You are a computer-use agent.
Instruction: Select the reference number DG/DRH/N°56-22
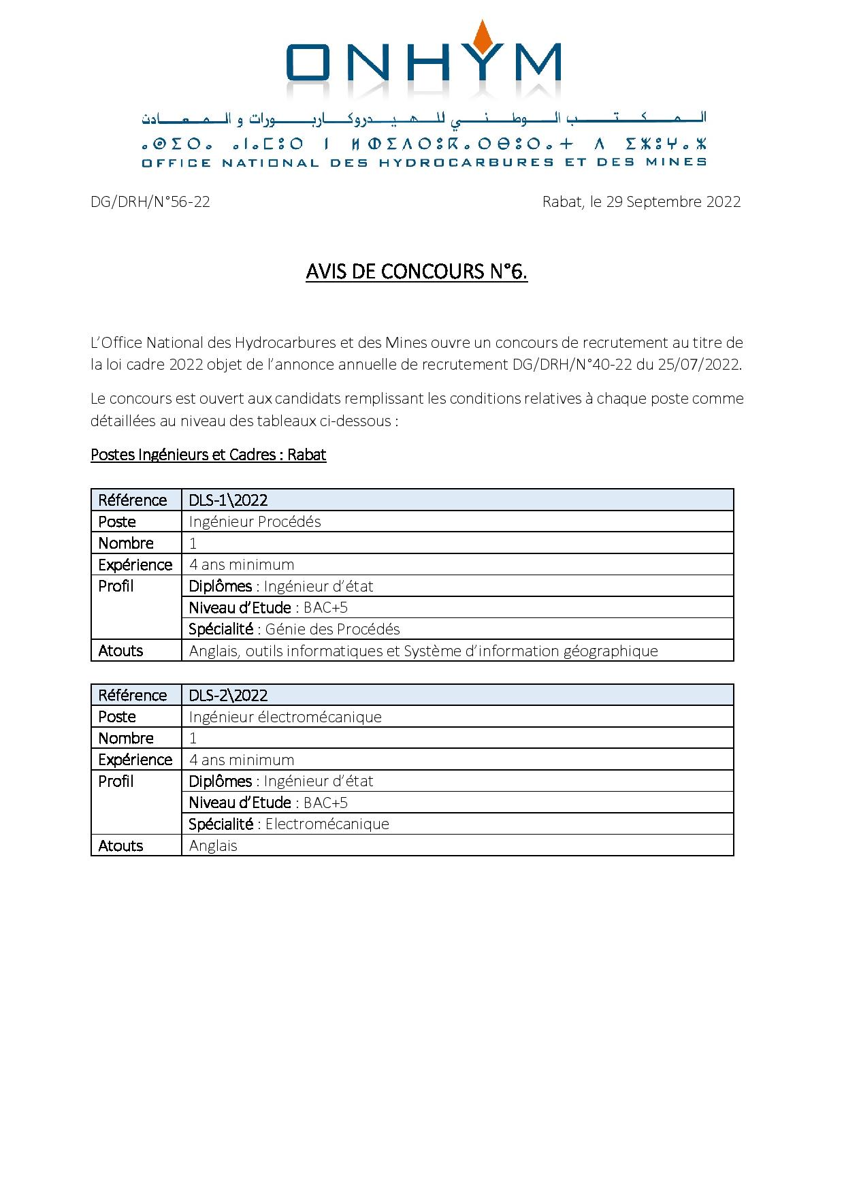click(150, 202)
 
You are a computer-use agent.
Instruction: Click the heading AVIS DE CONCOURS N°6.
click(417, 272)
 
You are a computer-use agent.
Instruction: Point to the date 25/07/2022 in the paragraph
click(698, 364)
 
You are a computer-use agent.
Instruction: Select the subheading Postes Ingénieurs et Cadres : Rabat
click(208, 455)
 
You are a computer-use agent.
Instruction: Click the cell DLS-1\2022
click(229, 500)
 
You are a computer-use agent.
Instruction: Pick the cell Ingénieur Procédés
click(255, 522)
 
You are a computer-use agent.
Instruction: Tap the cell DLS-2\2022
click(229, 695)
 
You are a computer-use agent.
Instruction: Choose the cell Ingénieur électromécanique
click(285, 717)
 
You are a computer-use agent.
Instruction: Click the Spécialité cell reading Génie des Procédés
click(295, 629)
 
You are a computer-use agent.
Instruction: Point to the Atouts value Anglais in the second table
click(213, 845)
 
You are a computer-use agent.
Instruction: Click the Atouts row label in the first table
click(120, 651)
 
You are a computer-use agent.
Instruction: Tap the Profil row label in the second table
click(116, 781)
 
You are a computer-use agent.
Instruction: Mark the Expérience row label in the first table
click(135, 565)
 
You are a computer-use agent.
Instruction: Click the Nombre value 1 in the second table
click(193, 739)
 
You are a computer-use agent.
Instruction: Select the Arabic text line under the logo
click(423, 118)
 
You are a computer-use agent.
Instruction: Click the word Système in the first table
click(431, 651)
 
